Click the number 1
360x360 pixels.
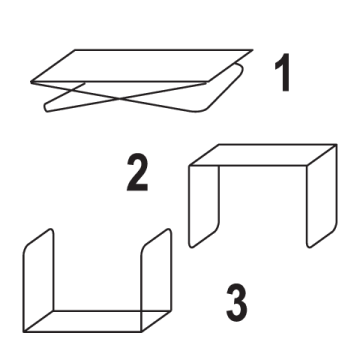tap(283, 73)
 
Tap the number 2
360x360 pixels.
tap(137, 172)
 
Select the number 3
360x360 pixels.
tap(237, 302)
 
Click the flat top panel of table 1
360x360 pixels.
tap(142, 65)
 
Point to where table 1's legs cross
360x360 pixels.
tap(119, 99)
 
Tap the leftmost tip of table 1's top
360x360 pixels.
tap(31, 82)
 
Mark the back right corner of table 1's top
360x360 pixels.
tap(253, 50)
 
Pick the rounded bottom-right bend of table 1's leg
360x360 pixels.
tap(200, 110)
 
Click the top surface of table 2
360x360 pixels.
tap(263, 155)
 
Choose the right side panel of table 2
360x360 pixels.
tap(322, 196)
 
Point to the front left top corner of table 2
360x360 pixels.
tap(189, 166)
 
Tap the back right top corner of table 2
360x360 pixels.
tap(337, 145)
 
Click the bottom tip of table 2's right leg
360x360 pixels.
tap(309, 247)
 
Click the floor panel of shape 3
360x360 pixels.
tap(97, 322)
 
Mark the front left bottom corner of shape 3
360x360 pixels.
tap(23, 332)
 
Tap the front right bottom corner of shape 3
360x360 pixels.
tap(142, 332)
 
